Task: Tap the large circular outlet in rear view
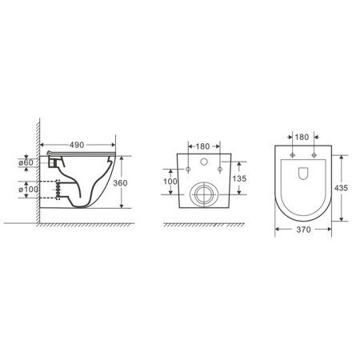point(206,194)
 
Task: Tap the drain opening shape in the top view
point(305,174)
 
